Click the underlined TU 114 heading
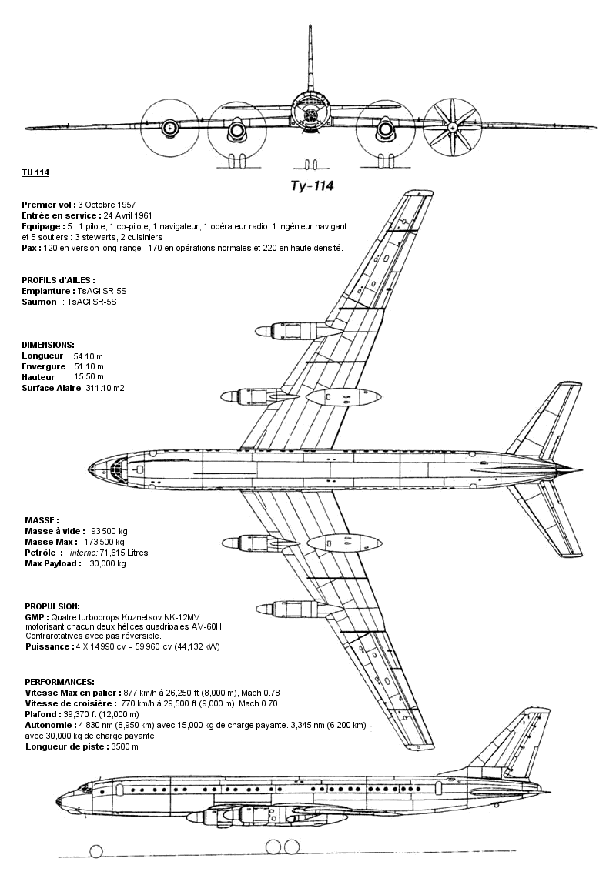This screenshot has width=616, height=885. point(35,172)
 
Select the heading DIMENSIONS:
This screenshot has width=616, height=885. point(48,344)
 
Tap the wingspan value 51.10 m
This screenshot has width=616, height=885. point(88,366)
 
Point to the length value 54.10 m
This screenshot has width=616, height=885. point(88,356)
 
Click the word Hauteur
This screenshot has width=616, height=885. point(39,377)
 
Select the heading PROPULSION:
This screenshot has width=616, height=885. point(52,606)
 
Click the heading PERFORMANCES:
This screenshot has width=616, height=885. point(59,682)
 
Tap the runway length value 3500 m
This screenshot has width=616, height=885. point(125,746)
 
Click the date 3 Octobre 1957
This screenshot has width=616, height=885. point(106,205)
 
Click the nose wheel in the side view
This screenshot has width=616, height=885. point(96,850)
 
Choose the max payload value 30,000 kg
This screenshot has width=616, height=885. point(108,563)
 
